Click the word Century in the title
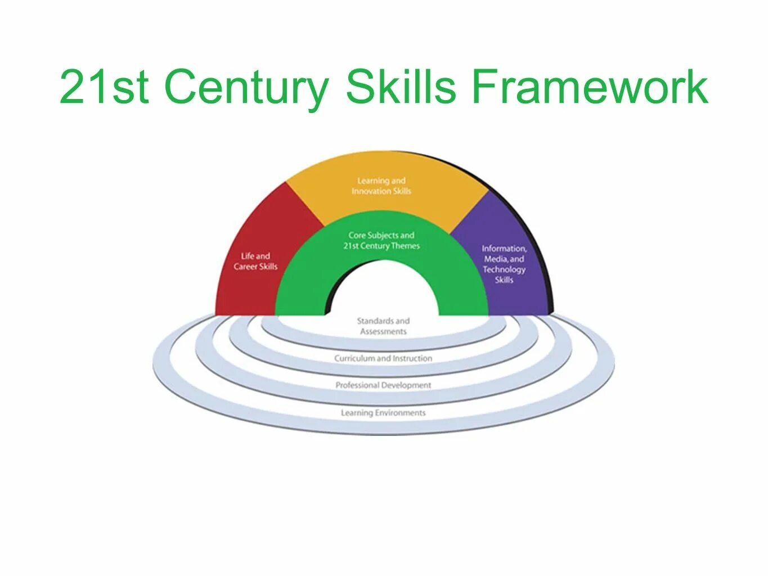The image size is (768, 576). click(246, 87)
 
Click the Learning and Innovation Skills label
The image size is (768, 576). click(381, 186)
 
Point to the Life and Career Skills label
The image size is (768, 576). click(255, 261)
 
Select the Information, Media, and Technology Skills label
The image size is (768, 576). click(504, 264)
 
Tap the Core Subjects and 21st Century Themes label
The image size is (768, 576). click(381, 240)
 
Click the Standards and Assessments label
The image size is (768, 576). click(383, 326)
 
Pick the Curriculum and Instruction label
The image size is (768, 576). click(383, 358)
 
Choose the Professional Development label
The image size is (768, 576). click(383, 385)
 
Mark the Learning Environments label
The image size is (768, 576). click(383, 413)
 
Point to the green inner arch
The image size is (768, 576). click(304, 281)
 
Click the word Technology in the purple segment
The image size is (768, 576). click(504, 269)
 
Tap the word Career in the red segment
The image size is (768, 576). click(245, 267)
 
